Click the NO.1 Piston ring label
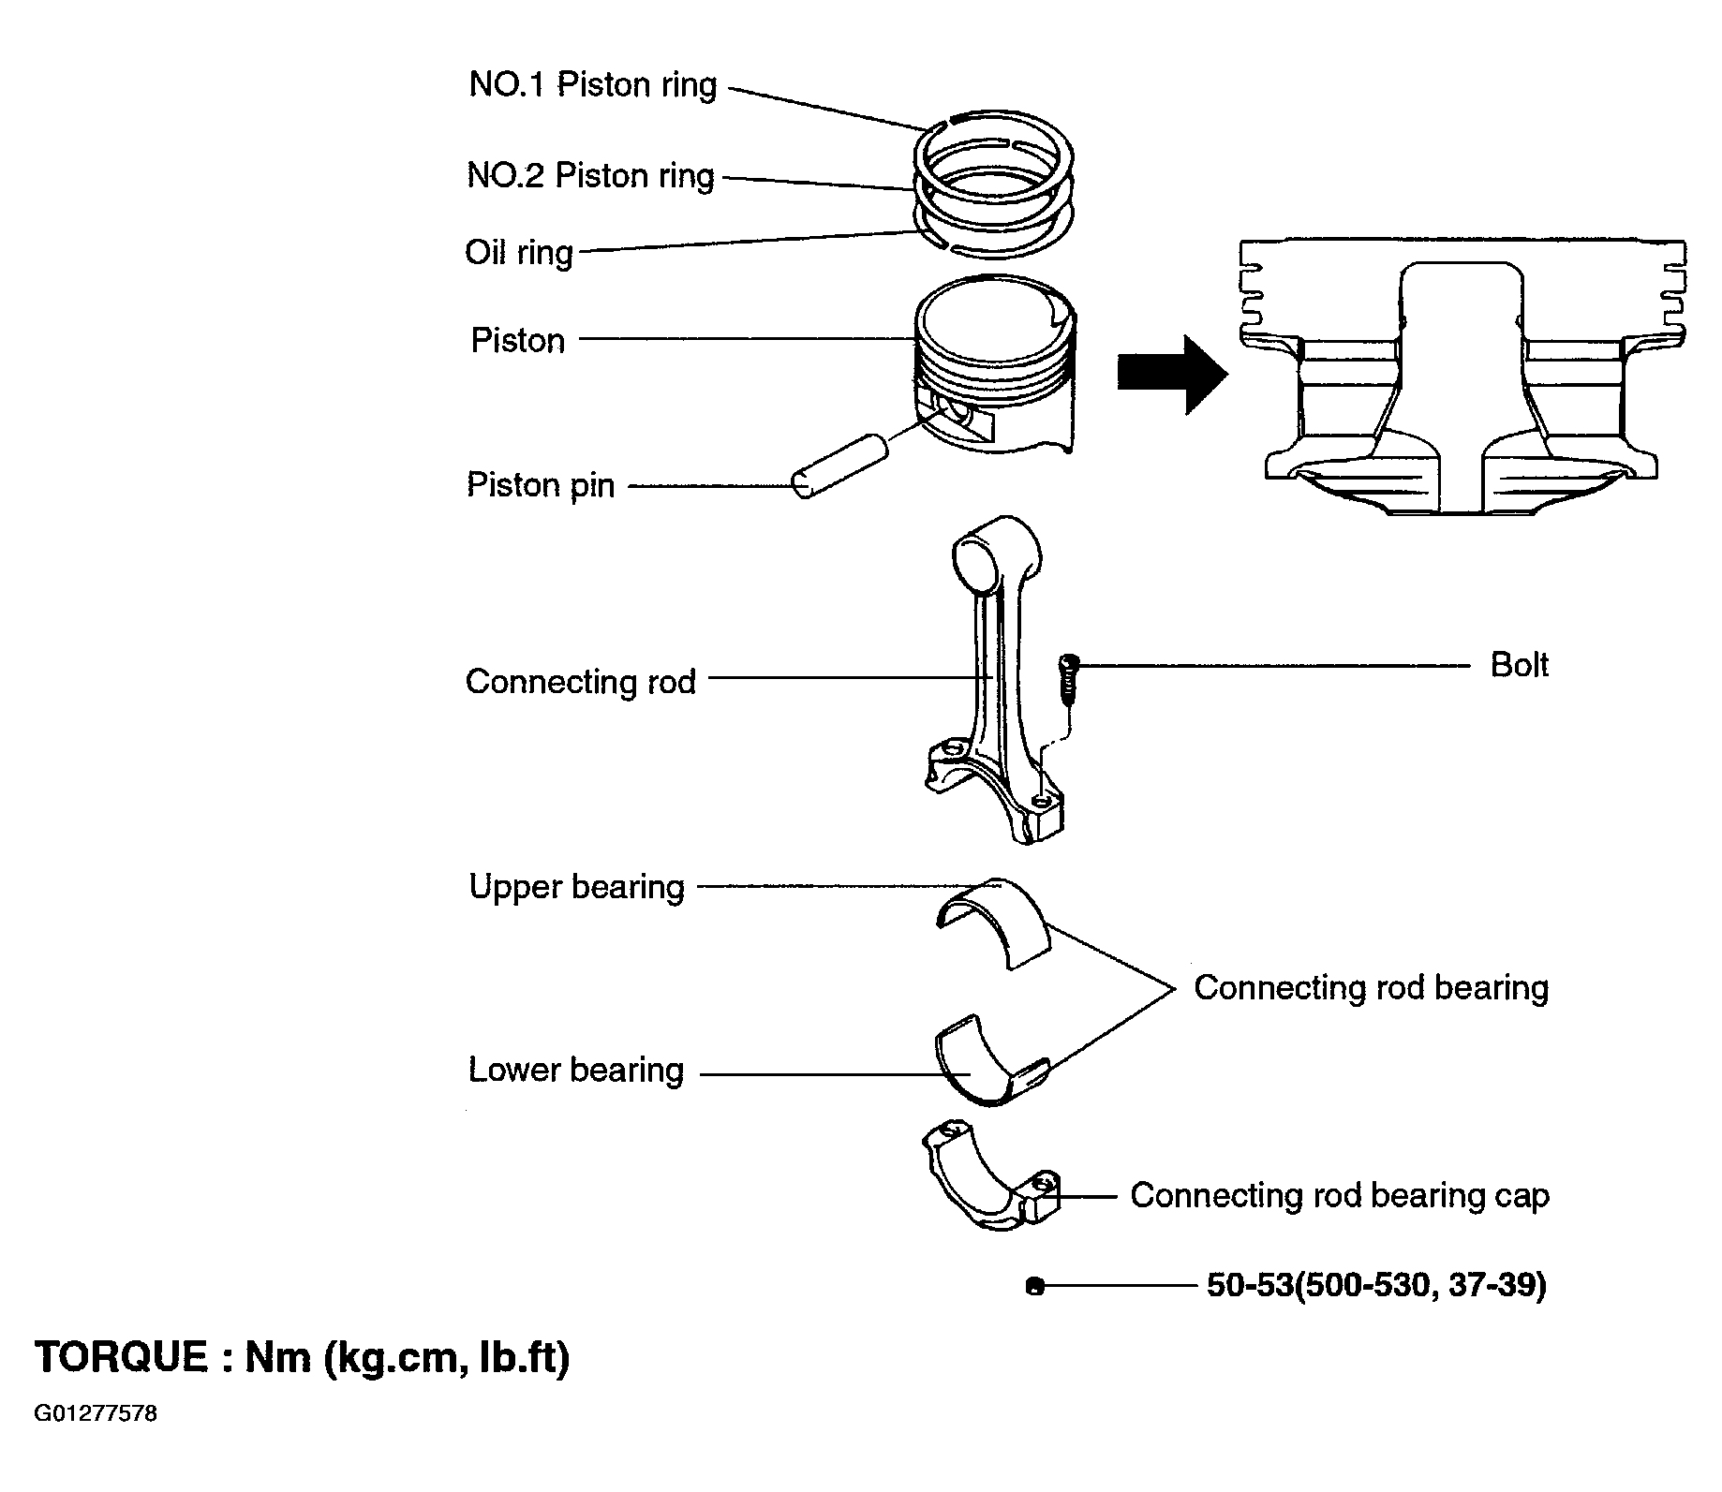[593, 85]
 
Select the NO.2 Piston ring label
[591, 176]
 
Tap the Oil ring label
[519, 252]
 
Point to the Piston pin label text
[541, 485]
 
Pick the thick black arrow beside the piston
[1172, 375]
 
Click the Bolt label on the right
[1519, 665]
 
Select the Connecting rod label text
[581, 682]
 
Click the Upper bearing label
[577, 887]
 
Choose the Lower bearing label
[576, 1070]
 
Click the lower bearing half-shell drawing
[991, 1059]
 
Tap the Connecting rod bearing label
[1371, 988]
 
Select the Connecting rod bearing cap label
[1340, 1196]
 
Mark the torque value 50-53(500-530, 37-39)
[1376, 1285]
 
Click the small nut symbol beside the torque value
[1034, 1287]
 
